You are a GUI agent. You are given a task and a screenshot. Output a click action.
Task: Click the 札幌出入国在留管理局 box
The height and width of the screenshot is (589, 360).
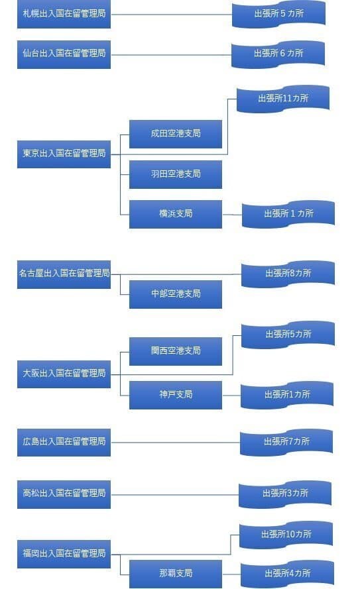coord(64,14)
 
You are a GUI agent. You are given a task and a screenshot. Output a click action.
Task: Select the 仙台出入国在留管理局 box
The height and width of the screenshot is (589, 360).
coord(64,54)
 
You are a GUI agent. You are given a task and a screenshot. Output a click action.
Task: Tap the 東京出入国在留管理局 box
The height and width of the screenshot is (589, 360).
coord(64,154)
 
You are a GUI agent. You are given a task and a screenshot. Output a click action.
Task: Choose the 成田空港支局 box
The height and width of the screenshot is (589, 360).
coord(175,134)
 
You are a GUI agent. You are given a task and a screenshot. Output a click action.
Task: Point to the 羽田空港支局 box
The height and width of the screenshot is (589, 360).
coord(175,174)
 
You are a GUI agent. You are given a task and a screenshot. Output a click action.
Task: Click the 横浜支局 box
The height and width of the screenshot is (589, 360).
coord(175,214)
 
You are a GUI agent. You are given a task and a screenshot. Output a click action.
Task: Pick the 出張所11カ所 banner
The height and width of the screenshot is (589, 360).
coord(282,99)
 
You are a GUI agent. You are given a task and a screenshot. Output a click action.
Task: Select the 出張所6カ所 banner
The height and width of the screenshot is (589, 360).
coord(278,54)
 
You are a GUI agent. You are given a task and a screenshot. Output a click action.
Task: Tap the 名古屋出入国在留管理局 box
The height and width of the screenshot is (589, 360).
coord(64,274)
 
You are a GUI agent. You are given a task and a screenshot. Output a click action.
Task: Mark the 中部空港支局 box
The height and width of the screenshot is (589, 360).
coord(175,294)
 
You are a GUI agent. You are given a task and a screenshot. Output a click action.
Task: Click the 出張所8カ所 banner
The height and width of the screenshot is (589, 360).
coord(287,273)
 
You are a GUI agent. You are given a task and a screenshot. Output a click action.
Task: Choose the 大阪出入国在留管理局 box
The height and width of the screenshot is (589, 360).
coord(64,374)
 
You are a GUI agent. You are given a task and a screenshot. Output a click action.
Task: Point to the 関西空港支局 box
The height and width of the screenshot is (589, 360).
coord(175,350)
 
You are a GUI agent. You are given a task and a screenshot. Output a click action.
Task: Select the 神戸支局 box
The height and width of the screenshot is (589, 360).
coord(175,394)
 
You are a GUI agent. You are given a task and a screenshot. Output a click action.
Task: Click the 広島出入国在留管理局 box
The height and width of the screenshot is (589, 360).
coord(64,442)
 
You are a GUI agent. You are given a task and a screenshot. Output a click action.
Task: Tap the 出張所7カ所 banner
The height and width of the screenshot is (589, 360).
coord(286,441)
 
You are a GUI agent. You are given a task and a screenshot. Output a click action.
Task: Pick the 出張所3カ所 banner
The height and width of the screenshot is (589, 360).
coord(284,494)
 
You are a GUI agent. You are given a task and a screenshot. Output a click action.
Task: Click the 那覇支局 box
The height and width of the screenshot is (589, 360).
coord(175,573)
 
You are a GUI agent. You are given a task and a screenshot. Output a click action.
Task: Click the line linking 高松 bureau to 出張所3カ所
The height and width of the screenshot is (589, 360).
coord(174,494)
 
